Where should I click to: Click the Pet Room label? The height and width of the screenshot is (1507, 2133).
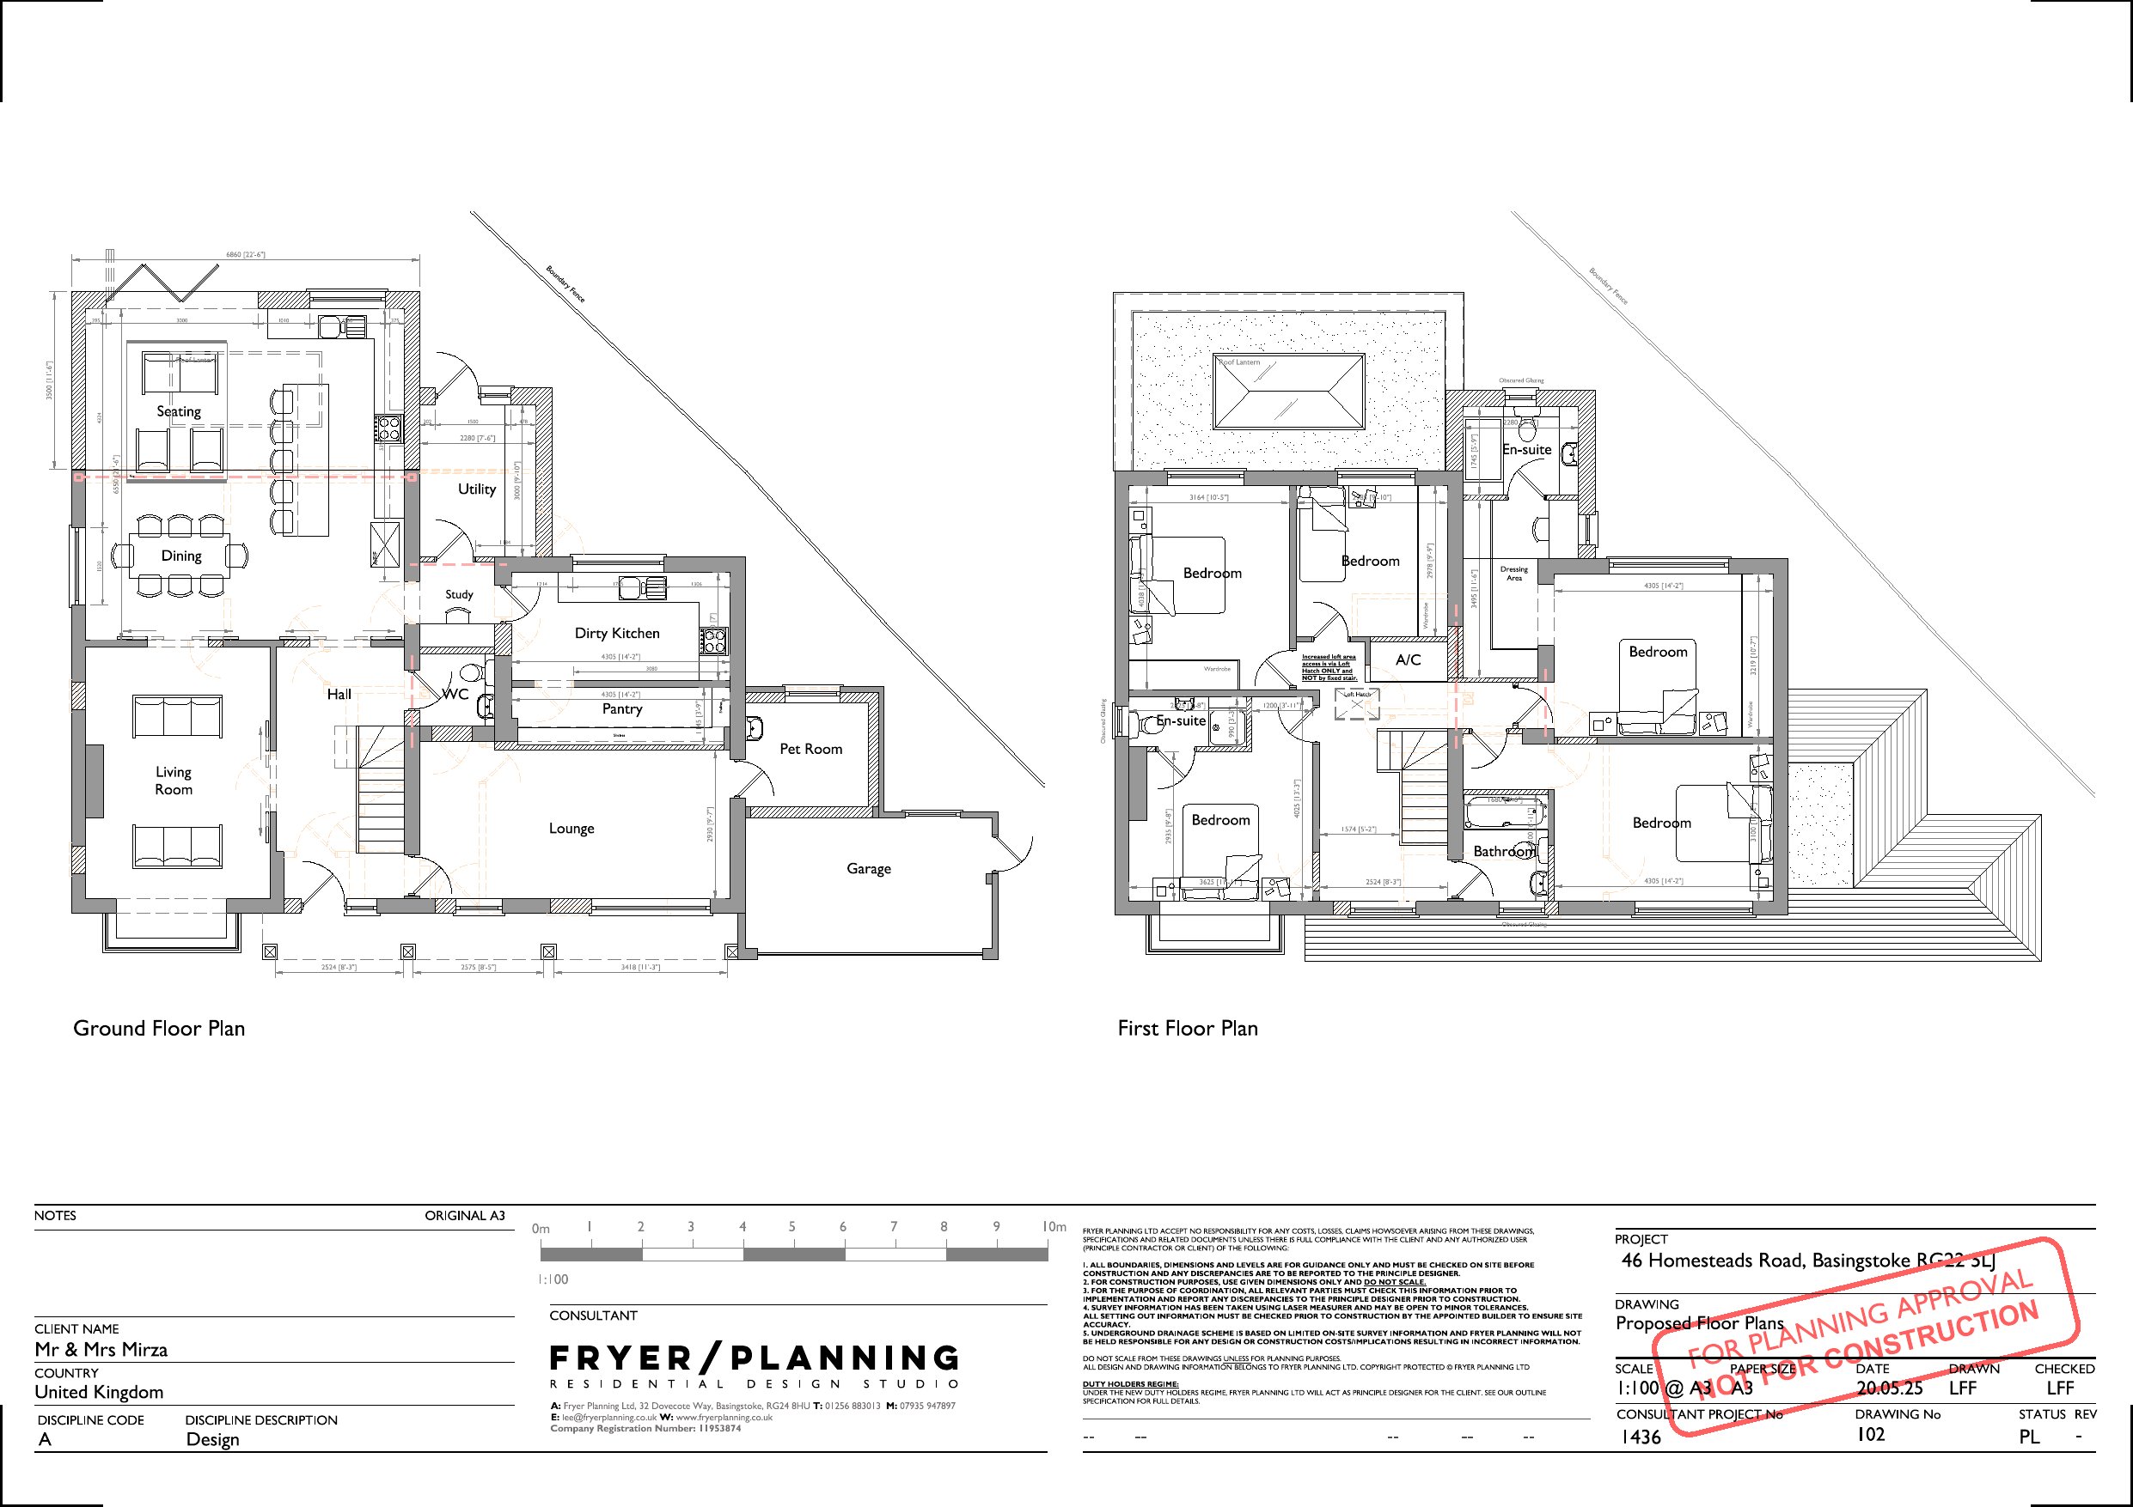810,749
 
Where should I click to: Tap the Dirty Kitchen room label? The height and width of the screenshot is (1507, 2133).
617,633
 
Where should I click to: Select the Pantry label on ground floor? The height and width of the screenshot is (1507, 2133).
621,708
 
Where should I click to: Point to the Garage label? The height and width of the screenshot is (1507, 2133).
868,868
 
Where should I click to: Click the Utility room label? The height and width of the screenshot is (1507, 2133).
477,489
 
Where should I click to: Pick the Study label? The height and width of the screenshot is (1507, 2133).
459,594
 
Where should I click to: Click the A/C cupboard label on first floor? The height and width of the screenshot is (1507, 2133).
1409,659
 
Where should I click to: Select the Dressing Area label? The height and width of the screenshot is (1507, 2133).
1513,573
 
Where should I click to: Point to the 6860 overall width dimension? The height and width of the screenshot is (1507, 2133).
245,254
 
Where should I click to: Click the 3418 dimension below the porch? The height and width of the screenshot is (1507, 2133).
639,968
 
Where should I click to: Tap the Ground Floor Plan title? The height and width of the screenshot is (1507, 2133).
159,1028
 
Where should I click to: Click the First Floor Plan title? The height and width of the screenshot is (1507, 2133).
1188,1028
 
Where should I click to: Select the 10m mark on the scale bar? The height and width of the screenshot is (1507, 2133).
1054,1226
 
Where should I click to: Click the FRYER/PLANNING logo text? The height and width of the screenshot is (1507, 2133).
754,1358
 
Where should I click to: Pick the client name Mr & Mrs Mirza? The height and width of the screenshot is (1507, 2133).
101,1349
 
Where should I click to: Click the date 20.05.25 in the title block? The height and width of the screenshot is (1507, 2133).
1889,1389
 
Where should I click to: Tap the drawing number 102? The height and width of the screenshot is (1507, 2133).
1870,1435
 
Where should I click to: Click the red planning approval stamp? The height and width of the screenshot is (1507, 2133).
1862,1337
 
